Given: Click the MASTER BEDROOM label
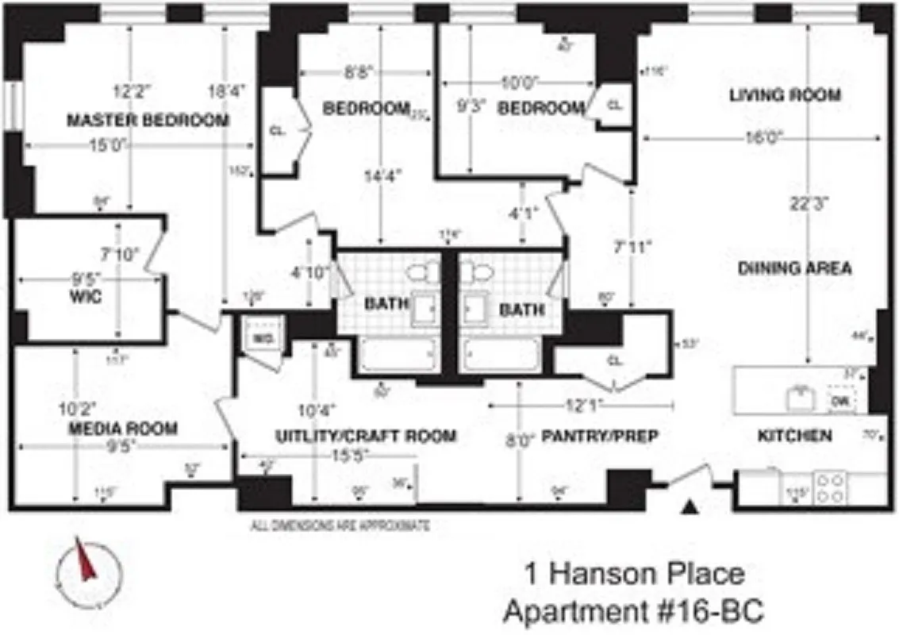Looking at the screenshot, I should click(148, 121).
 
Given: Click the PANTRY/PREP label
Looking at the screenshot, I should click(600, 435).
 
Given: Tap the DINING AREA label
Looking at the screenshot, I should click(794, 267).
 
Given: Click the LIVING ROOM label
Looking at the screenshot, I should click(785, 95).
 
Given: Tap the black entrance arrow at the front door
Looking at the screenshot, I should click(692, 506).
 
